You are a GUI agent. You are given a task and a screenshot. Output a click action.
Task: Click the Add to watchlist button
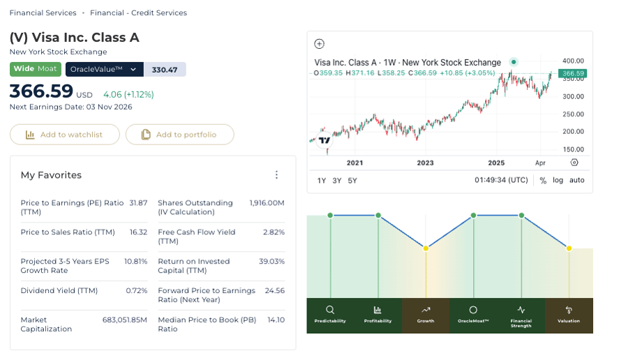pyautogui.click(x=65, y=135)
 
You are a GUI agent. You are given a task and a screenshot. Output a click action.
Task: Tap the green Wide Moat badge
pyautogui.click(x=36, y=69)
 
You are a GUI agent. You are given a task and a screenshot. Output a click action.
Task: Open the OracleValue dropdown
pyautogui.click(x=105, y=70)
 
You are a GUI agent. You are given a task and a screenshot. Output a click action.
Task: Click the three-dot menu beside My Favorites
pyautogui.click(x=276, y=174)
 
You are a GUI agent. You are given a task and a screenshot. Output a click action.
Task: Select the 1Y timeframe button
pyautogui.click(x=322, y=181)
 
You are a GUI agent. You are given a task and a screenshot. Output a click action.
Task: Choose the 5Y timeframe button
pyautogui.click(x=352, y=181)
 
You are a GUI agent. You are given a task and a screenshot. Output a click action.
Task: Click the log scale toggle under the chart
pyautogui.click(x=558, y=180)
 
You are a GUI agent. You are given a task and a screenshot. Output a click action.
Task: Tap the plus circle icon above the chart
pyautogui.click(x=320, y=44)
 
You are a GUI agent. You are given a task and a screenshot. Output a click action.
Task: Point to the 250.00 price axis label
pyautogui.click(x=573, y=114)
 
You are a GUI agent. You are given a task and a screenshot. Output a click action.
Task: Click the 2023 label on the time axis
pyautogui.click(x=425, y=163)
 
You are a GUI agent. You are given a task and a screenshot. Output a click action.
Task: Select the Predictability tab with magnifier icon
pyautogui.click(x=330, y=315)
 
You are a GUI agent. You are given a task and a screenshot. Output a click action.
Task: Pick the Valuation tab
pyautogui.click(x=569, y=315)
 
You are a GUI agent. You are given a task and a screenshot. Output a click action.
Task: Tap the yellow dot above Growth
pyautogui.click(x=426, y=248)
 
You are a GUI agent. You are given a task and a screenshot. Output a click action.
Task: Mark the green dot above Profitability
pyautogui.click(x=378, y=215)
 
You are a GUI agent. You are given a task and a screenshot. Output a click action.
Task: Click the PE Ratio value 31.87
pyautogui.click(x=138, y=203)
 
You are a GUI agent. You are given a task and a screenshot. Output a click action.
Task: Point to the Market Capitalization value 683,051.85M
pyautogui.click(x=125, y=320)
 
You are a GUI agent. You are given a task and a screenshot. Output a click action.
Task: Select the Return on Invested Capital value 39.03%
pyautogui.click(x=271, y=262)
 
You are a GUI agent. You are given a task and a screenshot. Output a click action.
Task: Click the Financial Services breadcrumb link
pyautogui.click(x=43, y=13)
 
